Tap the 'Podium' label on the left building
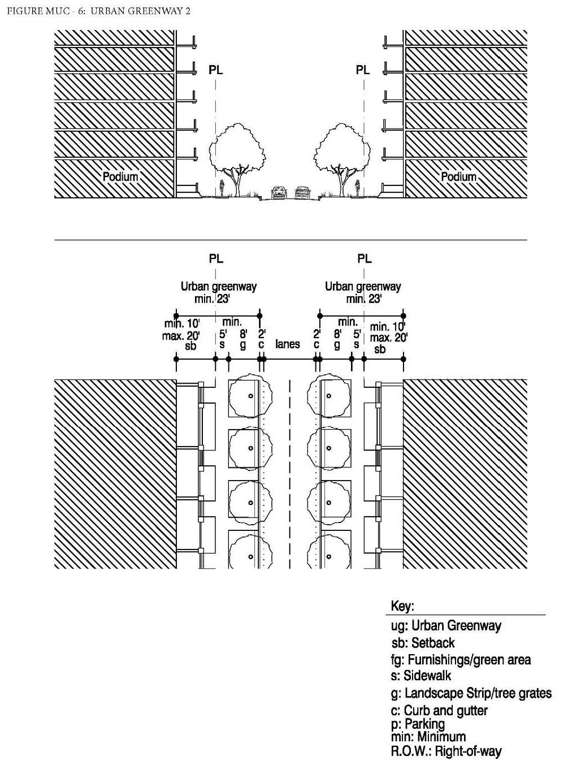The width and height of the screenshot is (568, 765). click(x=120, y=176)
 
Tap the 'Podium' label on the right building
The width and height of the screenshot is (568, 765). click(x=458, y=176)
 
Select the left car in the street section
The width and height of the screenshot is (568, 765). click(x=279, y=193)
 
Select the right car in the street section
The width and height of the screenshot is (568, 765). click(x=302, y=193)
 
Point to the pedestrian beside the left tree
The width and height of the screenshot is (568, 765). click(x=223, y=188)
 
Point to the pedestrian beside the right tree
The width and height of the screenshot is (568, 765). click(x=357, y=187)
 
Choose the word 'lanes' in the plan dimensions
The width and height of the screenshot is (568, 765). click(x=287, y=344)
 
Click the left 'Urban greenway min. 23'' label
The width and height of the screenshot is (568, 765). click(x=218, y=292)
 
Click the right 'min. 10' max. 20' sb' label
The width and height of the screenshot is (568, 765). click(x=388, y=338)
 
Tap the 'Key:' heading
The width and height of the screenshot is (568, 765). click(x=402, y=607)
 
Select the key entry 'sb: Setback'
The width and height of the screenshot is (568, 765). click(x=423, y=643)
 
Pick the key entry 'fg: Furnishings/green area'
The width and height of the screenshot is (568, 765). click(x=461, y=660)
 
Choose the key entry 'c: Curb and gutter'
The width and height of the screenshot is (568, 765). click(x=439, y=711)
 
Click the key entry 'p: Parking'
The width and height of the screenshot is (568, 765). click(x=418, y=724)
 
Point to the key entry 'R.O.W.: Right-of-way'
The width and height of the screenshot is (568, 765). click(x=446, y=751)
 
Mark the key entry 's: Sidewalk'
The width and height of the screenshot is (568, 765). click(x=420, y=676)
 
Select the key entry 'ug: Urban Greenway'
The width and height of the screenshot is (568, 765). click(x=446, y=625)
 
